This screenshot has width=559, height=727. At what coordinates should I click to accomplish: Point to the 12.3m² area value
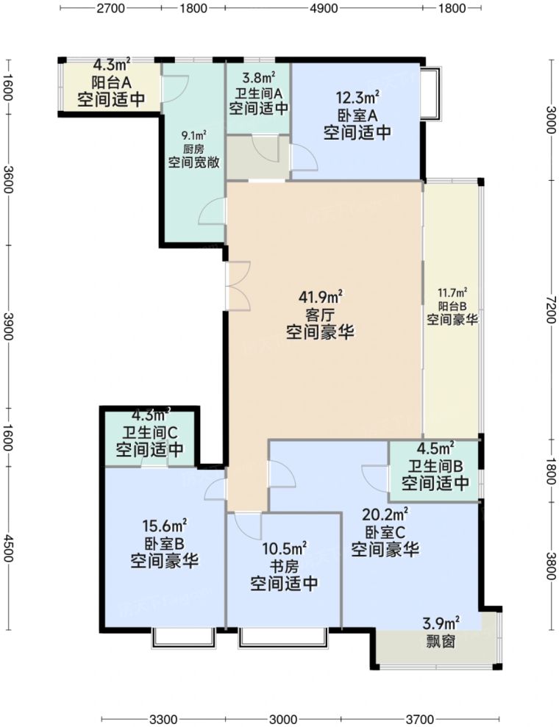[357, 96]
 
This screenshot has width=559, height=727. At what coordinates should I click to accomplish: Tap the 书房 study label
[284, 566]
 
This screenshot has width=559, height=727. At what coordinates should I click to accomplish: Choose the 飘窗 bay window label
[441, 641]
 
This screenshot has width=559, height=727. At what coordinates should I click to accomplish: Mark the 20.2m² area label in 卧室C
[385, 513]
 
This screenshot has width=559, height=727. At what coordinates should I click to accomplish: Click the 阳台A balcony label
[111, 82]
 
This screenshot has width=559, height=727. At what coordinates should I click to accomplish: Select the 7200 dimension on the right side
[551, 305]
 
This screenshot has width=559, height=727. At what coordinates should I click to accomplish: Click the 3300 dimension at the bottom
[163, 718]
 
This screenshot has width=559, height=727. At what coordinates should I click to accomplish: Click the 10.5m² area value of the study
[284, 548]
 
